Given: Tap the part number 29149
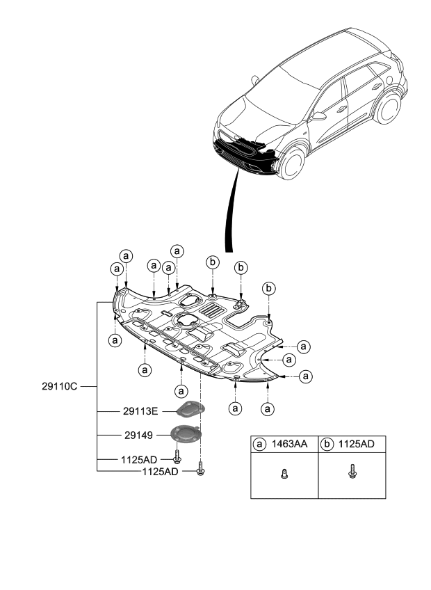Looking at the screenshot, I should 138,435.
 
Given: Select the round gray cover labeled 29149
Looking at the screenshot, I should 186,436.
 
